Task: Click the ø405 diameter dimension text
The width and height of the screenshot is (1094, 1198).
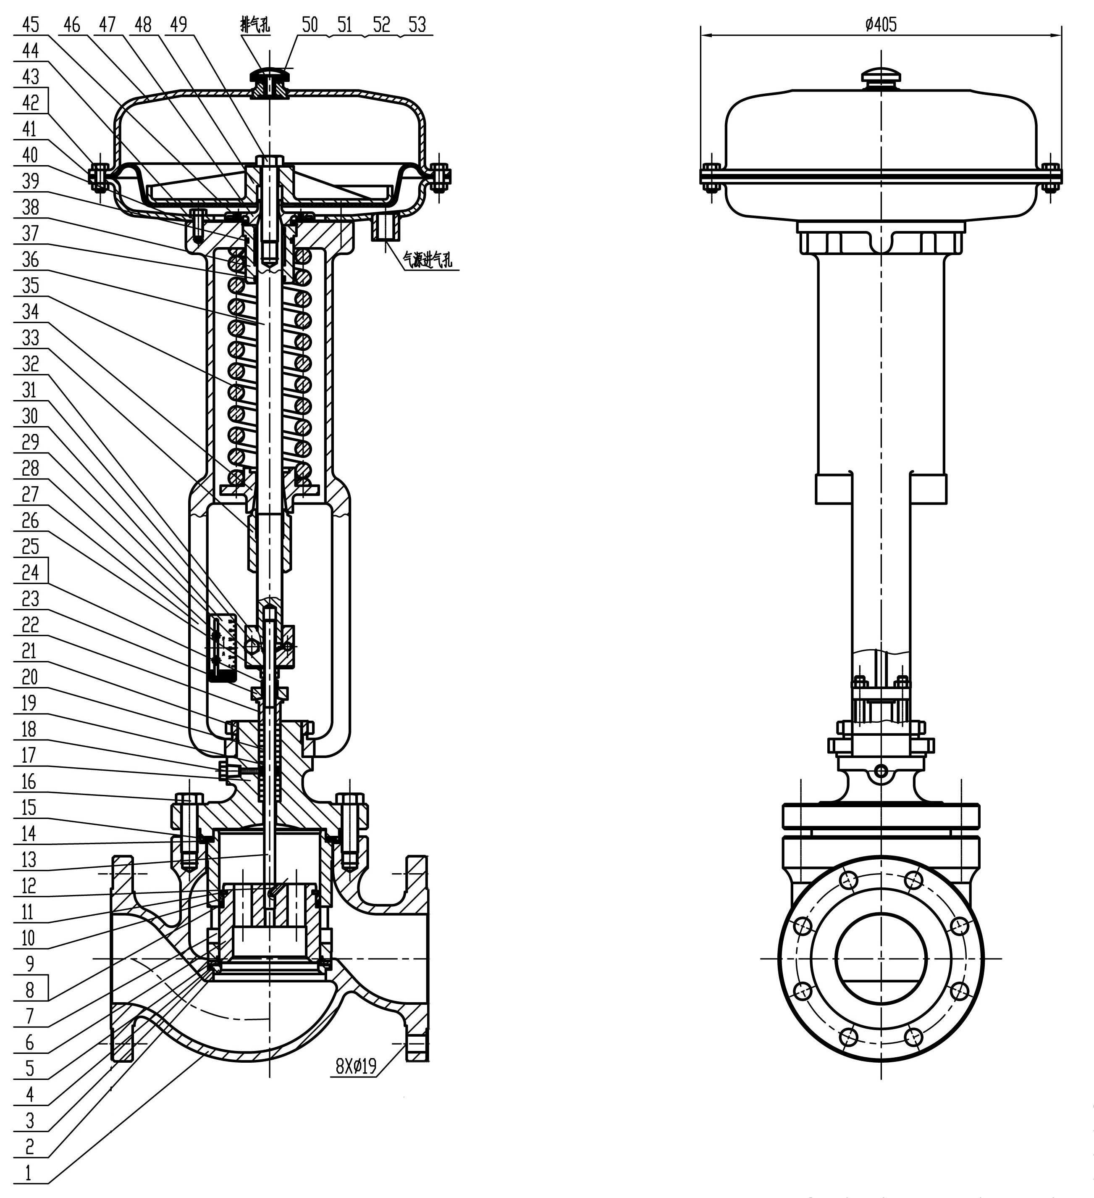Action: coord(881,25)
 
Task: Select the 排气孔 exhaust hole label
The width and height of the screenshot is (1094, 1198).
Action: coord(255,25)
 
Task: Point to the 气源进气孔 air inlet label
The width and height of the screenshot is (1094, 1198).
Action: coord(428,260)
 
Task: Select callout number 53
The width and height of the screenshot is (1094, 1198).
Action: coord(417,25)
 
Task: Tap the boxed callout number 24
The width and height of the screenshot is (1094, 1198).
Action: coord(30,572)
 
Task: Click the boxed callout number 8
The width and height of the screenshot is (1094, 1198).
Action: coord(30,990)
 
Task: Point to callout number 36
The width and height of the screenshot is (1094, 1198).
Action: coord(30,259)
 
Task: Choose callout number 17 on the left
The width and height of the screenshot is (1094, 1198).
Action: coord(29,755)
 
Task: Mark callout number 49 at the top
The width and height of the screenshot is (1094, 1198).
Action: coord(178,25)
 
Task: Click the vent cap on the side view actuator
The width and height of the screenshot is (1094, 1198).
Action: coord(881,76)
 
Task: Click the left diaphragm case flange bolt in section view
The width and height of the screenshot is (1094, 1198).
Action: coord(99,176)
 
